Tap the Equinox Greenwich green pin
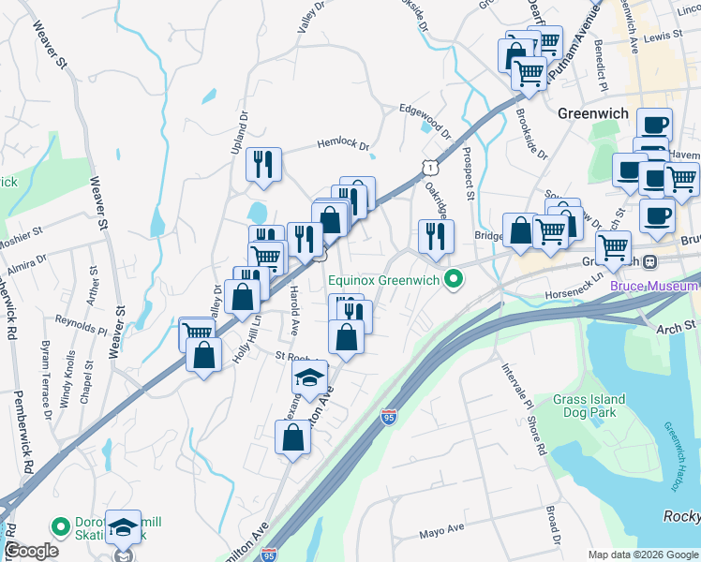pos(455,279)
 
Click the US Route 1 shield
pos(428,167)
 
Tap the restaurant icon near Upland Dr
pos(264,165)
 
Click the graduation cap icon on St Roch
pos(310,377)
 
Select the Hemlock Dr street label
pos(343,146)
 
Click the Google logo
pos(30,551)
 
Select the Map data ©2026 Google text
pos(643,555)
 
